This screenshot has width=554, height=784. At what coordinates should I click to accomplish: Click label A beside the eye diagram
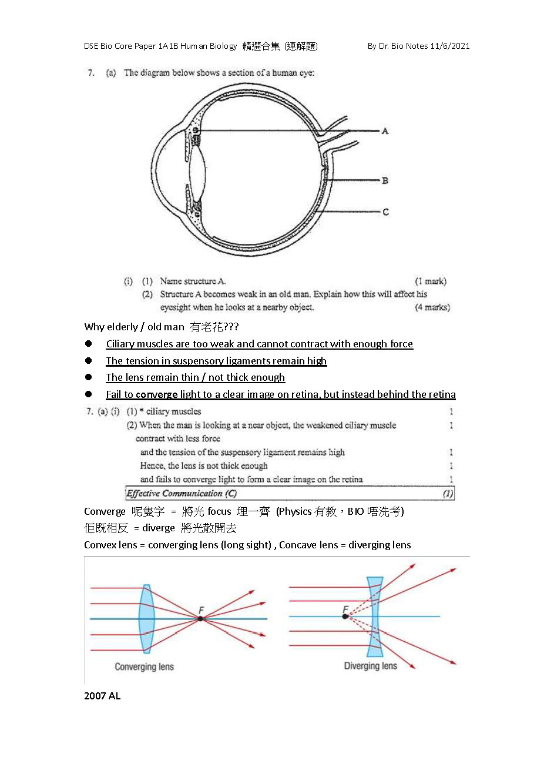point(385,131)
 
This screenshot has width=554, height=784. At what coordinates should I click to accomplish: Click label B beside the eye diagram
point(385,180)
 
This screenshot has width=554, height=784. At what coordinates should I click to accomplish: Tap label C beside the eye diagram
point(385,212)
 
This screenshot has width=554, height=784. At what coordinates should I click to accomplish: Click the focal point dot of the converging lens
point(201,618)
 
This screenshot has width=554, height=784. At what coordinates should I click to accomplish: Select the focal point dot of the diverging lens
point(345,617)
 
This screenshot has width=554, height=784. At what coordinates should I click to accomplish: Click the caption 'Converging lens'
point(144,666)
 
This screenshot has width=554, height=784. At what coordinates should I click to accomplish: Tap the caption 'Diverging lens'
point(370,666)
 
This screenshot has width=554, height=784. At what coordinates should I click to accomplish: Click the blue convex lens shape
point(147,618)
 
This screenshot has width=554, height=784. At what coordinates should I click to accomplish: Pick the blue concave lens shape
point(375,617)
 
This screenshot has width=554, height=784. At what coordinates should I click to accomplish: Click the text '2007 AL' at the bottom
point(102,696)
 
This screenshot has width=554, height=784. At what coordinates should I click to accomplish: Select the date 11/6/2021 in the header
point(450,46)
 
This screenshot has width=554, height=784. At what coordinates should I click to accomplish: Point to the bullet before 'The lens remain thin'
point(89,377)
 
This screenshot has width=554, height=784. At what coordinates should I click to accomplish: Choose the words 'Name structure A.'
point(193,281)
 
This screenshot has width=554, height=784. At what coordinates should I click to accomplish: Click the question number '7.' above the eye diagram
point(91,73)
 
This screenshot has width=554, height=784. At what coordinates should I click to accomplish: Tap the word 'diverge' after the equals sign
point(159,528)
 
